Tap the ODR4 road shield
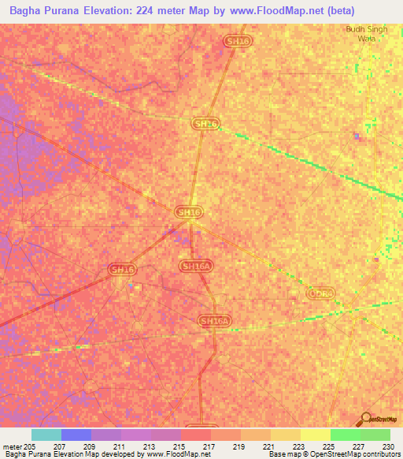point(320,293)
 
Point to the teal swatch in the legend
point(46,435)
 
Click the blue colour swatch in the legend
point(76,435)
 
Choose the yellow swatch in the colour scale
point(315,435)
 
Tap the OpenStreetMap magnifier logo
point(364,420)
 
